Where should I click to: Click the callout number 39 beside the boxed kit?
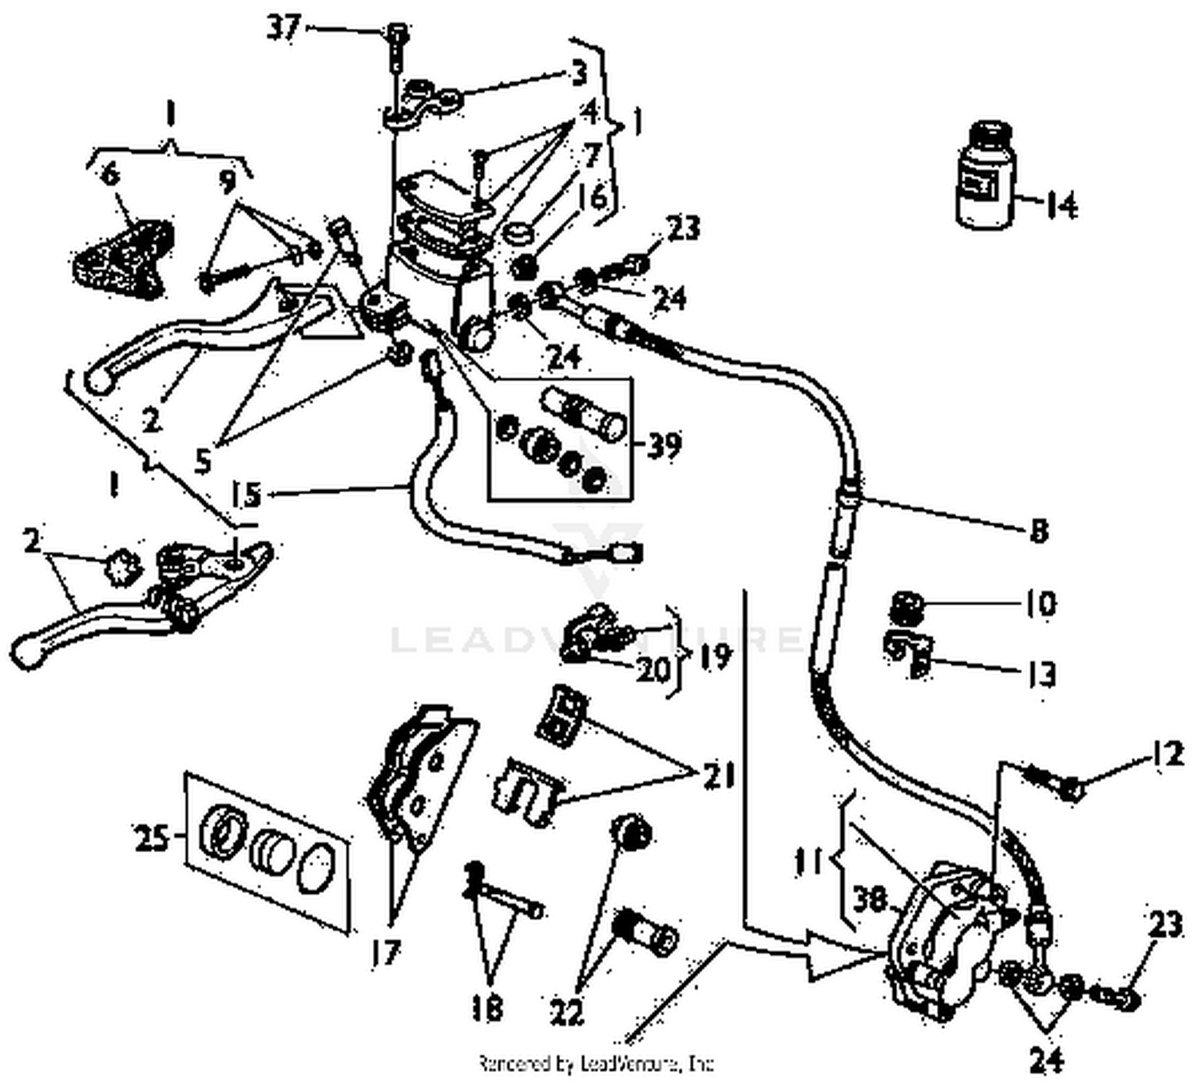[663, 446]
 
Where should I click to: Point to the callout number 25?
[150, 839]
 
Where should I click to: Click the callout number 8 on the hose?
[1037, 530]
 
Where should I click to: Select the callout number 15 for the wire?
[248, 494]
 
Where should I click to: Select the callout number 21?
[717, 774]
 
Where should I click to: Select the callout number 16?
[598, 197]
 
